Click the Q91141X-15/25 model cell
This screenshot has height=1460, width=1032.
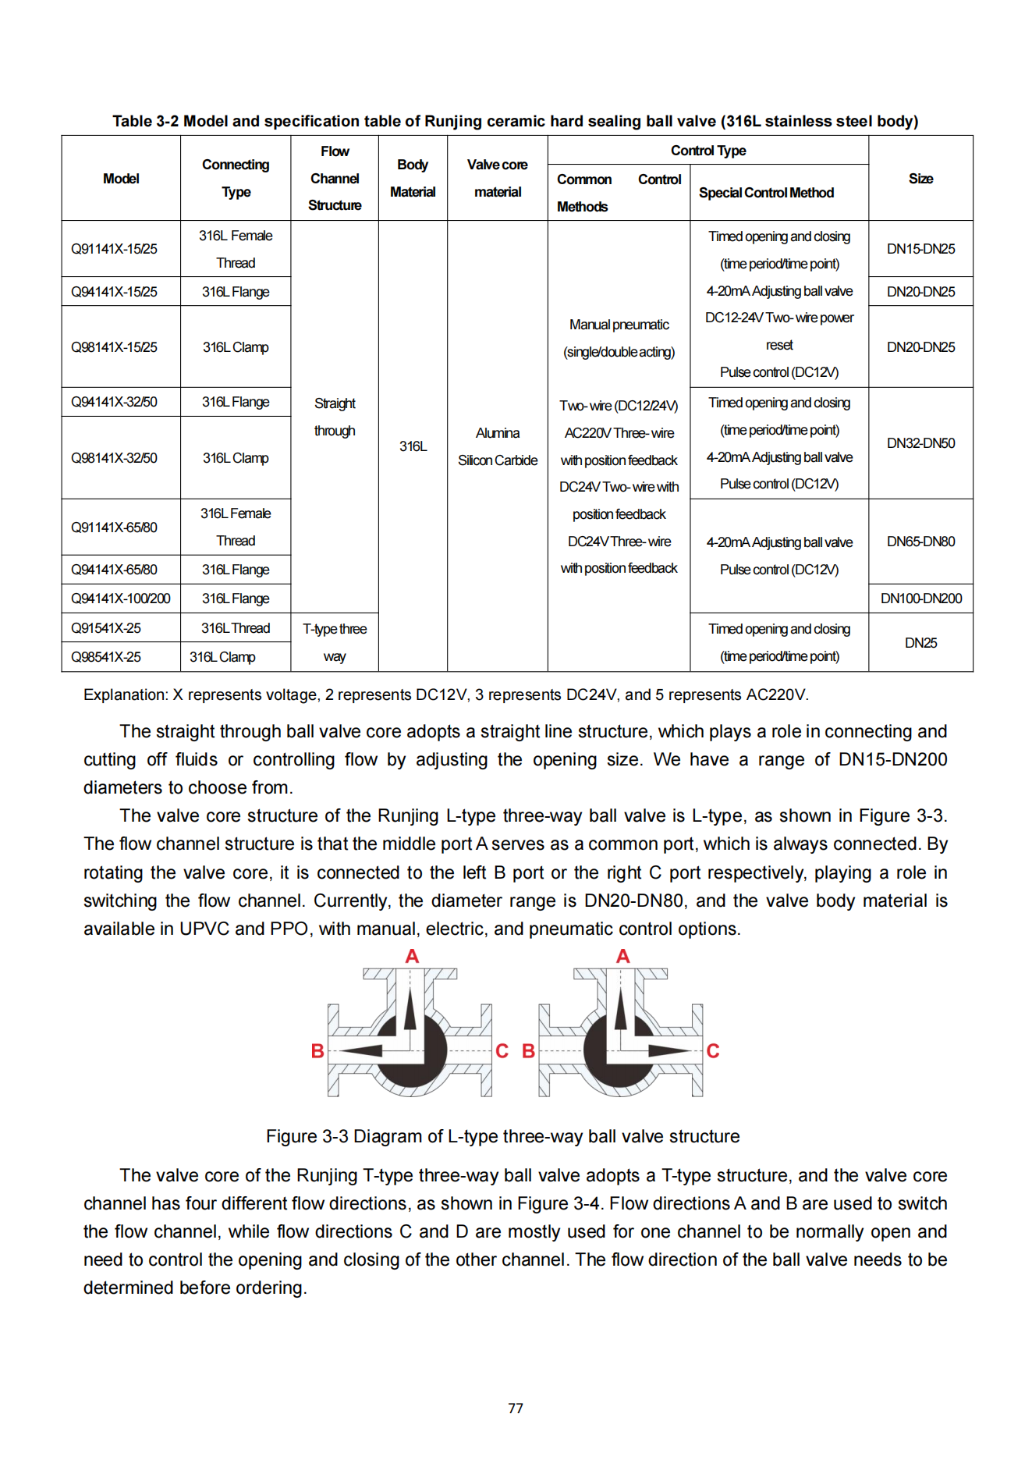tap(114, 249)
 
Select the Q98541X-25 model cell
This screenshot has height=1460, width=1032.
tap(106, 657)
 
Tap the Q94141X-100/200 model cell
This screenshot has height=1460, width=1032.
tap(120, 599)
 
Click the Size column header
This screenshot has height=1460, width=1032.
tap(920, 179)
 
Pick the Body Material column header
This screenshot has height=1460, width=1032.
tap(413, 179)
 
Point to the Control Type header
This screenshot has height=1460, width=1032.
tap(708, 151)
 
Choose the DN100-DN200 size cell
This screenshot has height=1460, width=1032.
tap(920, 599)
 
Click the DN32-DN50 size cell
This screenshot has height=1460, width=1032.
tap(920, 443)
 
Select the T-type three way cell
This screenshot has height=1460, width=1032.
tap(335, 642)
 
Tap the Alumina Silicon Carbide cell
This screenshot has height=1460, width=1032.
tap(498, 446)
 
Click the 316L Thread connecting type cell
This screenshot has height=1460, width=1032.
tap(236, 628)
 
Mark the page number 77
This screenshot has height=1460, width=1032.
tap(516, 1408)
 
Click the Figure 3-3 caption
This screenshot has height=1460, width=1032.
tap(502, 1136)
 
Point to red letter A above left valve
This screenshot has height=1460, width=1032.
tap(412, 956)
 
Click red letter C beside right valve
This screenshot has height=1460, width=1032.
tap(712, 1051)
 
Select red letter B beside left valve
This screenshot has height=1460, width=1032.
tap(317, 1051)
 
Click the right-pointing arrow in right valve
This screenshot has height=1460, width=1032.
tap(669, 1050)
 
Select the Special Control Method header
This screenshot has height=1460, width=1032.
tap(766, 193)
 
